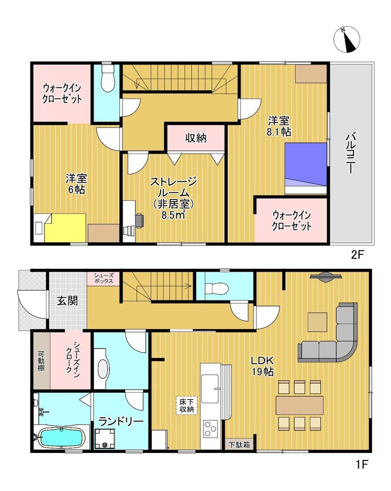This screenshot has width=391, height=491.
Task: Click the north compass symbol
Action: [347, 40]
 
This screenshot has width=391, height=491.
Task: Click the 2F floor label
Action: [357, 254]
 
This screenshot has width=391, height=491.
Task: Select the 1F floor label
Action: [361, 464]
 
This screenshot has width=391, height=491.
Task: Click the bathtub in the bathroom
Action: [61, 437]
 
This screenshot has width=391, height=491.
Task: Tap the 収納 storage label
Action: [196, 138]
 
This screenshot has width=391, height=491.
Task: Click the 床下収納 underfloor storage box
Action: [187, 405]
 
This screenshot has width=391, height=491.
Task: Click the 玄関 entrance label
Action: [67, 301]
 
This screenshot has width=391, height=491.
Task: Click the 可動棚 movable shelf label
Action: [41, 361]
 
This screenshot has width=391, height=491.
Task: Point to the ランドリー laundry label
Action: [121, 421]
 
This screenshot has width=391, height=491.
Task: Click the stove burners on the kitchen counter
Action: [210, 429]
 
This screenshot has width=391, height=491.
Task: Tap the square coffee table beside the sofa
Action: [317, 322]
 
